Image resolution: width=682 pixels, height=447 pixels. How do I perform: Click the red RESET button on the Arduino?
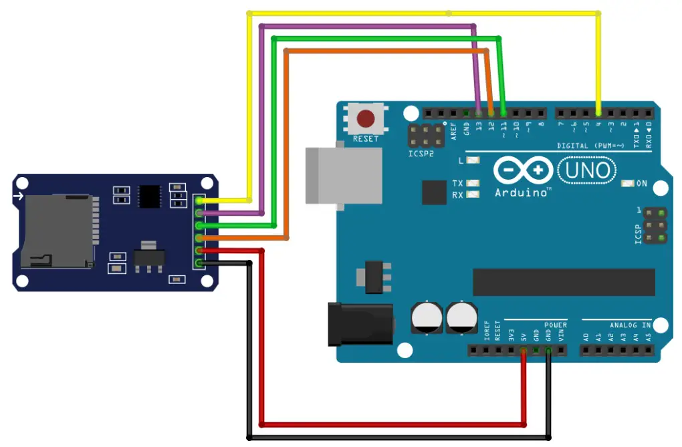(x=365, y=120)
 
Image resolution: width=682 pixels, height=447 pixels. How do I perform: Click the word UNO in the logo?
(x=586, y=171)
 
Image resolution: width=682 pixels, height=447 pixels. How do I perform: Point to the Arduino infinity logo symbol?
(x=523, y=171)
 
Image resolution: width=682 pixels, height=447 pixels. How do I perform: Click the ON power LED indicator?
(x=628, y=183)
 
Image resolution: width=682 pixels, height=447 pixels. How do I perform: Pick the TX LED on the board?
(x=474, y=183)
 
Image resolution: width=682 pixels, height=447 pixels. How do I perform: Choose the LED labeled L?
(x=474, y=160)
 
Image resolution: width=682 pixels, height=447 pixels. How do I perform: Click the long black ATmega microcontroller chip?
(x=564, y=282)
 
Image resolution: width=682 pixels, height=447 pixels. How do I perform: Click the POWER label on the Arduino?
(x=555, y=325)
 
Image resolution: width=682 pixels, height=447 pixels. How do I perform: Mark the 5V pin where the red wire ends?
(x=523, y=349)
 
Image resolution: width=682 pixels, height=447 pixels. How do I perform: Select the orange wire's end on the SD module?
(x=199, y=238)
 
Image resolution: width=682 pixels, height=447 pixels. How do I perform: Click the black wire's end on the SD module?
(x=199, y=263)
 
